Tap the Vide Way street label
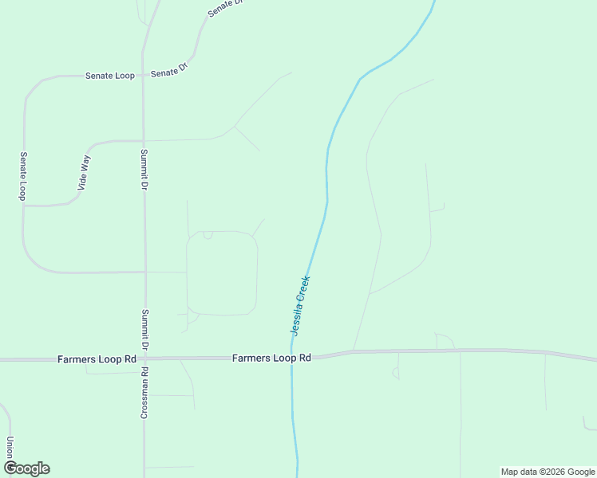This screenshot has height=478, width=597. point(84,173)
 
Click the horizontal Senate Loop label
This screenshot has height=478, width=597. point(110,76)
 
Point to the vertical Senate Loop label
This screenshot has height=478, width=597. point(23,176)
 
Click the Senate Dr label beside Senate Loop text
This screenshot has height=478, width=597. point(168,71)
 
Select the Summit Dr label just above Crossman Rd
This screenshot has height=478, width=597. point(144,330)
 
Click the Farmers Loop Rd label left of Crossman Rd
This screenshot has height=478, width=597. point(97,359)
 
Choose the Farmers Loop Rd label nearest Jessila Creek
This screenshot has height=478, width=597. point(271,358)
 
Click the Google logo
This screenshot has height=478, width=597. point(26,468)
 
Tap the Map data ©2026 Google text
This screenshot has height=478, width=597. point(548,472)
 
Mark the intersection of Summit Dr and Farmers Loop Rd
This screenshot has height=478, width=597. point(144,359)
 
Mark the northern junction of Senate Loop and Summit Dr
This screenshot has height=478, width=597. point(143,75)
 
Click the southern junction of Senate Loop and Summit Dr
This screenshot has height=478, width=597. point(144,272)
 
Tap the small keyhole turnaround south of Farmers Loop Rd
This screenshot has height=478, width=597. point(395,372)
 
